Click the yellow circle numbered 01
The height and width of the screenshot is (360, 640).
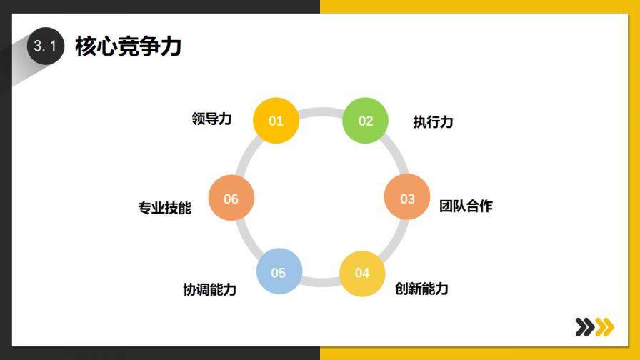pos(276,121)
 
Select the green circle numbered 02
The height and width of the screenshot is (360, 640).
pos(366,121)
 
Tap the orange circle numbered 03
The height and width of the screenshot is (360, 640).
pos(407,198)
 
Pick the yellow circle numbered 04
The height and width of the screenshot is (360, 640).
pos(362,272)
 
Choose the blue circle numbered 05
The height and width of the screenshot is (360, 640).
pos(279,272)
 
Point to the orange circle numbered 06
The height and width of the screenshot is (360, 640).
pos(231,199)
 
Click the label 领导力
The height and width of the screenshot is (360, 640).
pos(211,119)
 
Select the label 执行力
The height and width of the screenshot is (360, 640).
pos(433,121)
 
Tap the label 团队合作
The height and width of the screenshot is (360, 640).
pos(466,206)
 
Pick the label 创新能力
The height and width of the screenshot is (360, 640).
pos(421,289)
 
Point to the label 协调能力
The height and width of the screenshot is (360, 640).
pos(209,289)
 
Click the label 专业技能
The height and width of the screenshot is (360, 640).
pos(165,208)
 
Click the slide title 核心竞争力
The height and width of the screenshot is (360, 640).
pos(128,46)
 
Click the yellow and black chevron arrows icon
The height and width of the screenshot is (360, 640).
pos(594,326)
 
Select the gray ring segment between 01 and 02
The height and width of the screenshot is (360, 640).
pos(321,111)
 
